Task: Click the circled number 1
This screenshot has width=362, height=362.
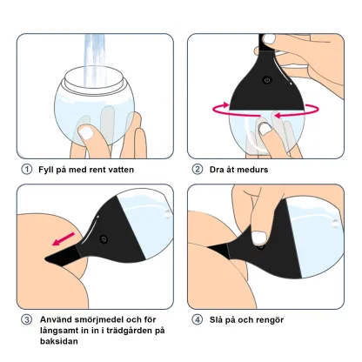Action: coord(27,169)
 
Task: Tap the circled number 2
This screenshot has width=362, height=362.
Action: coord(198,169)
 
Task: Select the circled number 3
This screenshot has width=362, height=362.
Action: coord(27,319)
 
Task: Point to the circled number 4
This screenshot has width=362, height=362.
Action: coord(198,319)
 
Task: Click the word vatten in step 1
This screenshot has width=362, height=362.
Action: coord(121,170)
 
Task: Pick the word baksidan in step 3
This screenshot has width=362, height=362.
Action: coord(59,341)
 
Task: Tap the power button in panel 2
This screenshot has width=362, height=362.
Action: coord(267,80)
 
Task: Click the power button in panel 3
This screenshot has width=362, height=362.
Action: coord(104,239)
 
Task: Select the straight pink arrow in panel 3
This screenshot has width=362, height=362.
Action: coord(64,238)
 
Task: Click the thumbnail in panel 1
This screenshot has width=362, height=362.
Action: coord(86,133)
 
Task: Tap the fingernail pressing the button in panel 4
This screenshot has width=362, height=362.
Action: coord(258,238)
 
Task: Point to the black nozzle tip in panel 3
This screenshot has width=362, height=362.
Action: coord(62,257)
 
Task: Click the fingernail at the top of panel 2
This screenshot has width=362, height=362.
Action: coord(270,39)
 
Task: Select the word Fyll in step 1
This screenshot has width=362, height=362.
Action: coord(45,170)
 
